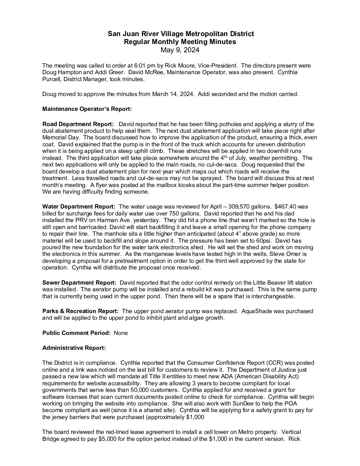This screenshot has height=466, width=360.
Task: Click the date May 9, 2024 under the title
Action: point(180,50)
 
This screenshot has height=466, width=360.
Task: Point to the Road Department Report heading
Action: point(78,124)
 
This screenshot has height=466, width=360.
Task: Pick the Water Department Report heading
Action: point(79,207)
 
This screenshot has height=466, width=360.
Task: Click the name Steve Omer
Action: point(282,254)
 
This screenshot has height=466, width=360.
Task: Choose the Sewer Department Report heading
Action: point(79,283)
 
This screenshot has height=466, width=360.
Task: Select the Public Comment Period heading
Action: point(76,333)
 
